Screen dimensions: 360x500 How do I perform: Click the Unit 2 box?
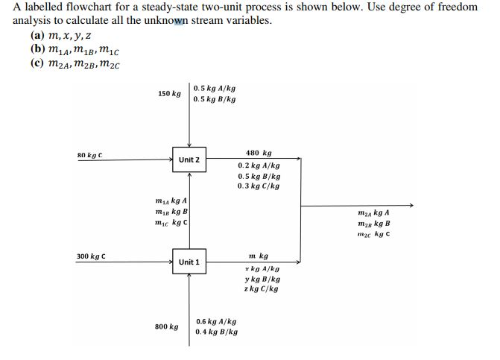click(189, 160)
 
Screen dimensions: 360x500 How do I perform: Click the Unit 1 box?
click(189, 262)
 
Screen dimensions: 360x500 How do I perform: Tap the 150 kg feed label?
click(169, 94)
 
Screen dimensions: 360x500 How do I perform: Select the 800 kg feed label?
click(166, 327)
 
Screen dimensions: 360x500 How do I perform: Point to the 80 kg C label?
click(89, 155)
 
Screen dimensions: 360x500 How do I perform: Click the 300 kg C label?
click(91, 256)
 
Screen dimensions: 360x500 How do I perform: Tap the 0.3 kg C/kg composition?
click(259, 186)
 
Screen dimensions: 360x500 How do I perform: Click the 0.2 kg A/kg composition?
click(259, 165)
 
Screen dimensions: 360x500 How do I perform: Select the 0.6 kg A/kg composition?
click(216, 321)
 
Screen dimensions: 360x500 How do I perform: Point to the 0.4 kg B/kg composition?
click(216, 332)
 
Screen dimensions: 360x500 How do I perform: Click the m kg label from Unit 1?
click(258, 256)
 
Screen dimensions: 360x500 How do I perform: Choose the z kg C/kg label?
click(261, 288)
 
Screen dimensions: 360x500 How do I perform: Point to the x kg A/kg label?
click(262, 268)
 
